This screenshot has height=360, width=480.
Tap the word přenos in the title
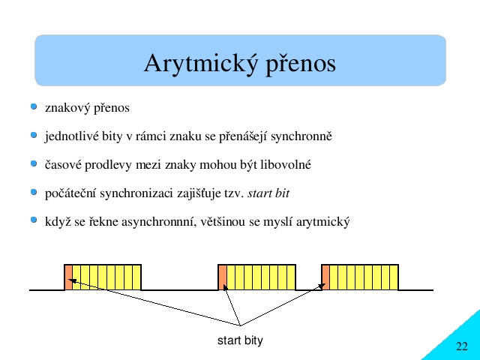click(x=301, y=65)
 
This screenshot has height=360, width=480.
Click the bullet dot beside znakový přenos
click(x=34, y=106)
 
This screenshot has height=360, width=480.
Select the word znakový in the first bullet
click(x=67, y=108)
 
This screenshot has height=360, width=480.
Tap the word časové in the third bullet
click(x=63, y=165)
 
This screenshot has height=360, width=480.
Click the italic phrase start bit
click(x=268, y=193)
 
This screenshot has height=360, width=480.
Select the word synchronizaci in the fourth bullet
click(x=136, y=193)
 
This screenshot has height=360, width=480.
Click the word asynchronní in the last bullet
click(x=159, y=222)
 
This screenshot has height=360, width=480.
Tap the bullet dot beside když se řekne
click(x=34, y=220)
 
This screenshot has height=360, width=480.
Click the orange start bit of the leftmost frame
click(x=68, y=277)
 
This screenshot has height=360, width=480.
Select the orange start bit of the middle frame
click(x=223, y=277)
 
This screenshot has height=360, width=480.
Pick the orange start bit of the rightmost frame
click(x=325, y=277)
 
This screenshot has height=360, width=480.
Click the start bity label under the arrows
click(x=240, y=340)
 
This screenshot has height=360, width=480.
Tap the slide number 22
click(x=462, y=346)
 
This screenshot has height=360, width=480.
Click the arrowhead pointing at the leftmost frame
click(x=71, y=280)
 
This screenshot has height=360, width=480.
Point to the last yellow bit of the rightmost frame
click(x=394, y=277)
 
